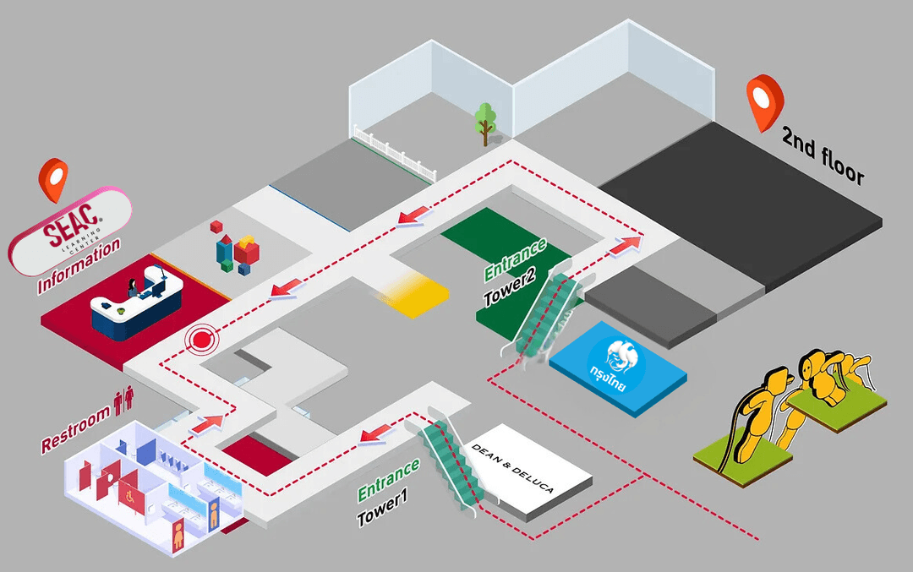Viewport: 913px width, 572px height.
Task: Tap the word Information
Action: click(x=79, y=266)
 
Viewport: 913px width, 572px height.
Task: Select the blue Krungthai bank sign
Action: click(x=617, y=365)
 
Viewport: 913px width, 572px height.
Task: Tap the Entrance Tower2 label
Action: click(x=515, y=275)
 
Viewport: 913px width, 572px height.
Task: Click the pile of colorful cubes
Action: click(x=236, y=248)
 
